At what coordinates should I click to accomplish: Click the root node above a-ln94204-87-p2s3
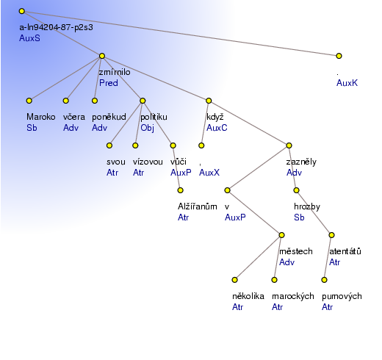pos(22,11)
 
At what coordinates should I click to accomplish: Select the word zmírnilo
pos(115,72)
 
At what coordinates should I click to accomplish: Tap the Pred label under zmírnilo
pos(109,83)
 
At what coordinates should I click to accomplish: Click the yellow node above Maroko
pos(29,101)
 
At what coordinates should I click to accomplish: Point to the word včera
pos(74,117)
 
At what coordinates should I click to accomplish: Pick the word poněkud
pos(109,117)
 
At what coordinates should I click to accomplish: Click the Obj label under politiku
pos(147,128)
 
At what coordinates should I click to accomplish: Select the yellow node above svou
pos(109,145)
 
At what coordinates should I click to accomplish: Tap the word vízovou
pos(148,162)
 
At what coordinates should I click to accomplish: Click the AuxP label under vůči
pos(181,173)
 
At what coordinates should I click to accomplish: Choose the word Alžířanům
pos(198,206)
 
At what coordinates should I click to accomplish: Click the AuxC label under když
pos(217,128)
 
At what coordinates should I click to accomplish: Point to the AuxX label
pos(209,173)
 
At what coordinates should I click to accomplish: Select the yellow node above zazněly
pos(289,145)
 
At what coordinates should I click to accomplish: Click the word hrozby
pos(307,206)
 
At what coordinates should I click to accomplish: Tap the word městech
pos(296,251)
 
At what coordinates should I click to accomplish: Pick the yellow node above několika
pos(234,280)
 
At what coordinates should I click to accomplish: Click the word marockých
pos(293,296)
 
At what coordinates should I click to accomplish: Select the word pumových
pos(342,296)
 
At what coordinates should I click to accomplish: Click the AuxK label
pos(347,83)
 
